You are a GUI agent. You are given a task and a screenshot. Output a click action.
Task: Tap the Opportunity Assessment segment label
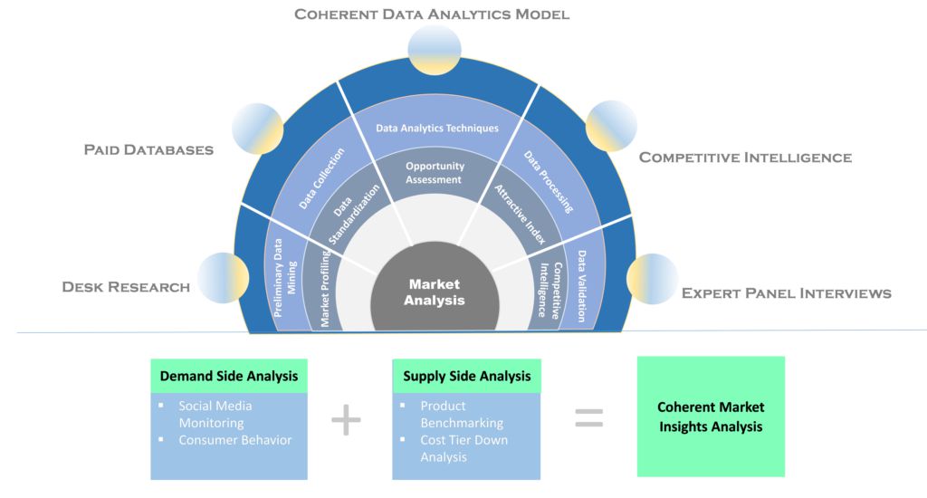435,173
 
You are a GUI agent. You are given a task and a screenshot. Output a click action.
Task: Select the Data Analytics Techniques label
437,128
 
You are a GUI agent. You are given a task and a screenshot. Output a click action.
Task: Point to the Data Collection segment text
321,178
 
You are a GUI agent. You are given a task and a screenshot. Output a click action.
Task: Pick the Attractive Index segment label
521,214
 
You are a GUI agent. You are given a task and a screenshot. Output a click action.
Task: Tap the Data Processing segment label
549,182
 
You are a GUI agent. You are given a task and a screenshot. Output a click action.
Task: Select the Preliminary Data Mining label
285,277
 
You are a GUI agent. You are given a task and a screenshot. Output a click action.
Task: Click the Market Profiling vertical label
325,288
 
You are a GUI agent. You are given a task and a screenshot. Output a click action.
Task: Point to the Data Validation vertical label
582,286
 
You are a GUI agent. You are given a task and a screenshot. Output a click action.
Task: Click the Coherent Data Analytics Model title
432,14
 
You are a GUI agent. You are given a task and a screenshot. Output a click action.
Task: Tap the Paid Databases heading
148,149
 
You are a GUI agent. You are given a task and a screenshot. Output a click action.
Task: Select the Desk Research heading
126,287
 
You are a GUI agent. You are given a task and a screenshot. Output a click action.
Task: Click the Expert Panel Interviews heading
787,293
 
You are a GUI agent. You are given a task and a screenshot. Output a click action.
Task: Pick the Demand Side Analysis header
229,376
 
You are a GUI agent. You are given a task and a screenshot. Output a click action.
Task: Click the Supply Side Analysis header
467,376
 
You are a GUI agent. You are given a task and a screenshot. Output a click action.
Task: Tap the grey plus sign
346,420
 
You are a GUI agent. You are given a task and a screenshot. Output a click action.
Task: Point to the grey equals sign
588,418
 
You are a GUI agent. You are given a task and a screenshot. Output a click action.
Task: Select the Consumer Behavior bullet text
235,440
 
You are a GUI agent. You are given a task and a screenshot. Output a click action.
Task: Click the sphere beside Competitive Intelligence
611,125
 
